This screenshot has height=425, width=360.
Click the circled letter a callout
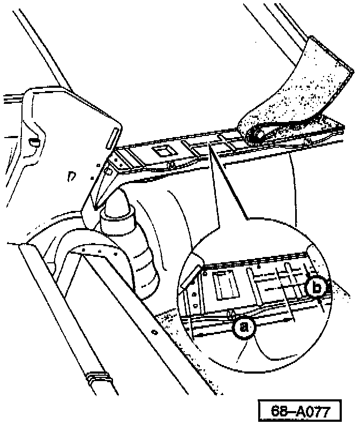click(244, 327)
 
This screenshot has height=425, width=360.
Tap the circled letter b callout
click(317, 288)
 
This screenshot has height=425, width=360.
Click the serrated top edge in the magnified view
click(257, 260)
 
